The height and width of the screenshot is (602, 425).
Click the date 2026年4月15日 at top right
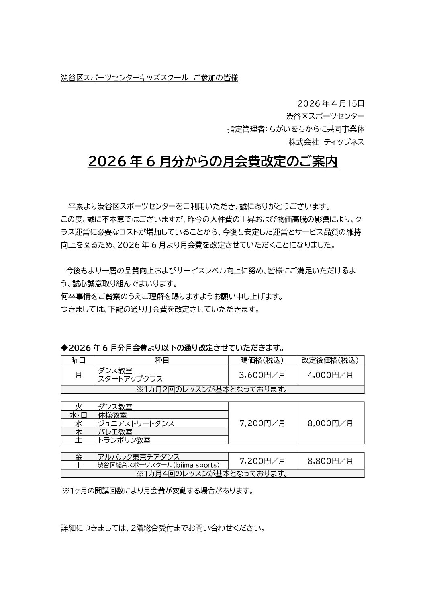coord(331,103)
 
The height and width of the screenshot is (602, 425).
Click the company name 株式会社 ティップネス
coord(326,142)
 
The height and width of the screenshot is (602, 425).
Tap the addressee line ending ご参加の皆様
coord(149,78)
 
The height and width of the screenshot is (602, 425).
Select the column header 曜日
coord(78,360)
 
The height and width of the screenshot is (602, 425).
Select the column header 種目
coord(162,360)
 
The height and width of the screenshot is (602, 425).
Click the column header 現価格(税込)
coord(262,360)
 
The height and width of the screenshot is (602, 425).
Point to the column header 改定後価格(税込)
coord(330,360)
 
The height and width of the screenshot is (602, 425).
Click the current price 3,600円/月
coord(262,375)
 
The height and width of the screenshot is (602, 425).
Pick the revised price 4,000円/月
coord(330,375)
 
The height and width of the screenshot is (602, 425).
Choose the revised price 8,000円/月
coord(330,423)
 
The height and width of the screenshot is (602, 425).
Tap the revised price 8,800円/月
coord(330,461)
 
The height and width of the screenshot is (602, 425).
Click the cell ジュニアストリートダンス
coord(136,423)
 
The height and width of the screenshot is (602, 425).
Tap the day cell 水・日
coord(78,415)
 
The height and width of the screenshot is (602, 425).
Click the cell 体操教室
coord(115,415)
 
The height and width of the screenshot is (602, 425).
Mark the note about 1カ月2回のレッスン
coord(212,389)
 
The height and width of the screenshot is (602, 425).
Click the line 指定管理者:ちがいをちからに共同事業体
coord(296,129)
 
